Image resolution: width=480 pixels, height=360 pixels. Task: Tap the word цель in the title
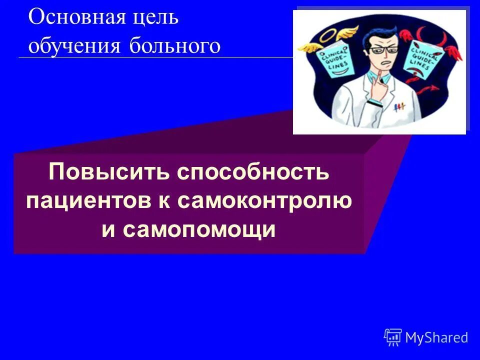click(x=156, y=18)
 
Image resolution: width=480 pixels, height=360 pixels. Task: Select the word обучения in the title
click(x=74, y=46)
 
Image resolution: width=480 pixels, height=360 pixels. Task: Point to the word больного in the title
click(x=175, y=46)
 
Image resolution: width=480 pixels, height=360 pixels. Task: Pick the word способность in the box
click(x=253, y=172)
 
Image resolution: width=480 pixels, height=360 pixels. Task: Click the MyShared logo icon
click(x=393, y=337)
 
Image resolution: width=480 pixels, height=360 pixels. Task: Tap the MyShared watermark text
click(x=436, y=338)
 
